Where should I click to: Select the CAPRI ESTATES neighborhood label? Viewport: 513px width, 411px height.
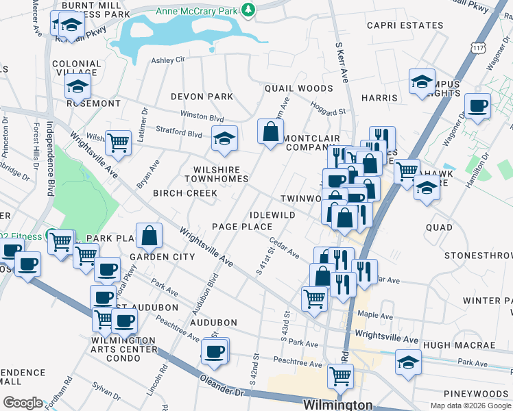coord(405,25)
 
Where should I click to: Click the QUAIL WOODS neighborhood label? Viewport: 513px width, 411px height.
coord(298,88)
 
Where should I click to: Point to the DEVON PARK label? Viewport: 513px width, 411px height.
coord(202,97)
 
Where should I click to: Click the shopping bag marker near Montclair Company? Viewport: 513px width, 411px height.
coord(271,132)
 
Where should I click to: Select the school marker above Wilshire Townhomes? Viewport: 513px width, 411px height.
coord(224,139)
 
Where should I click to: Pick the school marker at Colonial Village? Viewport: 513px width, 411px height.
coord(78,86)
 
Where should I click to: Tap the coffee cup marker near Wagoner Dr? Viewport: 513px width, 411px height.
coord(477,105)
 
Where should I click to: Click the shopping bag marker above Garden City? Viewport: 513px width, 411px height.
coord(149,236)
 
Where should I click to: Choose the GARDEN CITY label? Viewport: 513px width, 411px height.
coord(163,257)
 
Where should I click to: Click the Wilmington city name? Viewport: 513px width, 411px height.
coord(337,405)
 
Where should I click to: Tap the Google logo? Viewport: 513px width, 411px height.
coord(22,403)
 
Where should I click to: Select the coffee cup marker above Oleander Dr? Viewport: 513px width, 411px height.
coord(215,351)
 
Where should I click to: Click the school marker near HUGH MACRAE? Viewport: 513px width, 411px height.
coord(408,362)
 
